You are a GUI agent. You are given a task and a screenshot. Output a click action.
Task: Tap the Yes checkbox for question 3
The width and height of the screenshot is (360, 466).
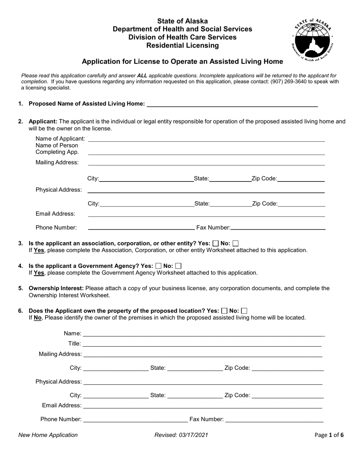[216, 244]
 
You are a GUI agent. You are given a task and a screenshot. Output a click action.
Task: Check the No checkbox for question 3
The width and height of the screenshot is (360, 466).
[235, 244]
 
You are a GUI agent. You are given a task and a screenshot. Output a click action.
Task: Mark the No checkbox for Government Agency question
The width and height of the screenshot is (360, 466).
[178, 266]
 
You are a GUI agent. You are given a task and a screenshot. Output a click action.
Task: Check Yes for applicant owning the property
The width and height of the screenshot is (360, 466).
[224, 311]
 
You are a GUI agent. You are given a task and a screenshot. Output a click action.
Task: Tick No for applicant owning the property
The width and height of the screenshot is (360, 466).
[244, 311]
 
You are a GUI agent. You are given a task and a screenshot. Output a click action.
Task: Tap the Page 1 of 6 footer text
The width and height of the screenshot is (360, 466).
[329, 435]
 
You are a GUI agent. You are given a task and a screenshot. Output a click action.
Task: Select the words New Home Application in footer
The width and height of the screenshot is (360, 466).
[48, 435]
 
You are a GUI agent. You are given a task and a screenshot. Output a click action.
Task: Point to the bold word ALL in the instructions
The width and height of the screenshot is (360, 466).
[142, 76]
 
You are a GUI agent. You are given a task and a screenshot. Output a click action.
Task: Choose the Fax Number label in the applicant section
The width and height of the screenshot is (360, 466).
[213, 228]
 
